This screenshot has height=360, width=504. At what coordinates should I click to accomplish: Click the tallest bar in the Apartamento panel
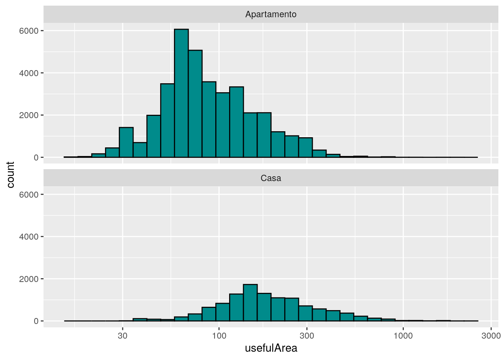click(181, 93)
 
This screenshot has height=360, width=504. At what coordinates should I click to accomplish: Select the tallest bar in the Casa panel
click(250, 303)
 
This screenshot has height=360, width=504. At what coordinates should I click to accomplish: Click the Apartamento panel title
click(271, 14)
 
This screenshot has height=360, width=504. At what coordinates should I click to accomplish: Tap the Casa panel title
click(271, 178)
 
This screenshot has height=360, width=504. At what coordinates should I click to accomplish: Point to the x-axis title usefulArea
click(271, 348)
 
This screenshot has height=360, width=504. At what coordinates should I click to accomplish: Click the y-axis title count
click(10, 175)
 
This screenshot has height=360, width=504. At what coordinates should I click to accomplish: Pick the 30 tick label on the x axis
click(123, 336)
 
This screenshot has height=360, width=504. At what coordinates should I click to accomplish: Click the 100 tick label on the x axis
click(219, 336)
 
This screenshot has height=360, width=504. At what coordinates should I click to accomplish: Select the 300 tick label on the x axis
click(307, 336)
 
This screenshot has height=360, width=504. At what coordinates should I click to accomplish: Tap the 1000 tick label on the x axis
click(403, 336)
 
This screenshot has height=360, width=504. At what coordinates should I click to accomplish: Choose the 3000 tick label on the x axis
click(491, 336)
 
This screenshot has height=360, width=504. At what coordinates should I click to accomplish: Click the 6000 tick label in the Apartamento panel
click(29, 31)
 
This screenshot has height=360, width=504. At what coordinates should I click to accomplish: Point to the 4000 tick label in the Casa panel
click(29, 237)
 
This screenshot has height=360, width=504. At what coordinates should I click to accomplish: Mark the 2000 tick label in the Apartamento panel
click(29, 115)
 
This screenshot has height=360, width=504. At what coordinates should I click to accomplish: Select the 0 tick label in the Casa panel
click(36, 321)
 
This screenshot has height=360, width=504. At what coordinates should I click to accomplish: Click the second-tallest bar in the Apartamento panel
click(195, 104)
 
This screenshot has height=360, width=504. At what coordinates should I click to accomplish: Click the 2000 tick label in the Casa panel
click(29, 279)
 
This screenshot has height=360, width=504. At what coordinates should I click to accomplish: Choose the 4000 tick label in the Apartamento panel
click(29, 73)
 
